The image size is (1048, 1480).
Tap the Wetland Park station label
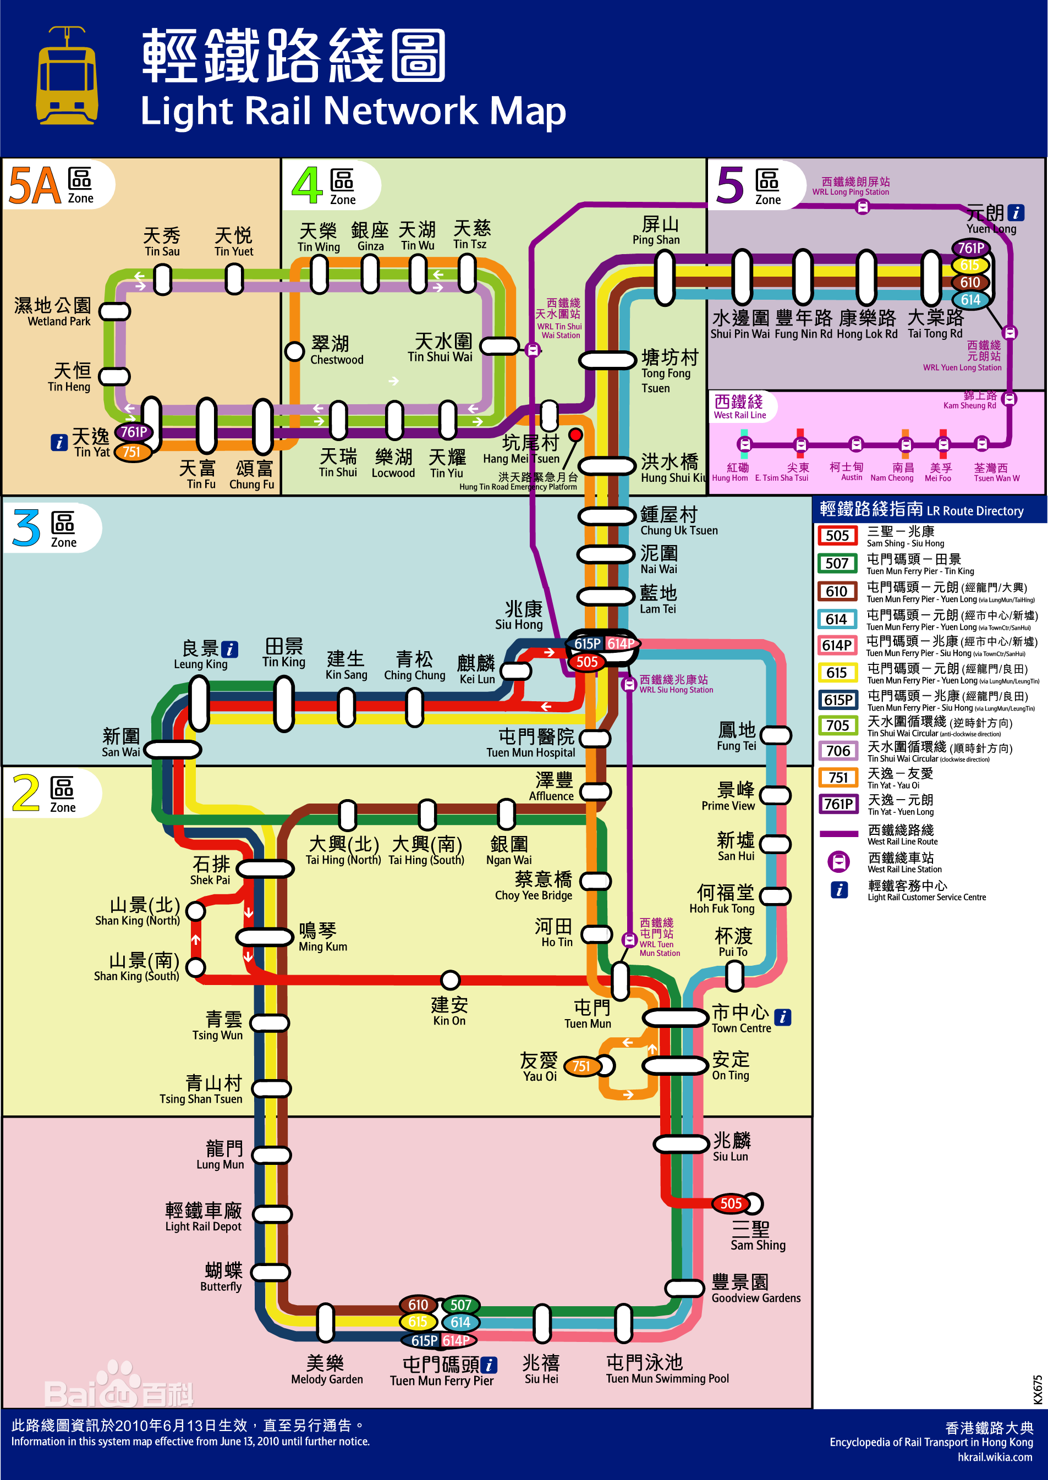[53, 312]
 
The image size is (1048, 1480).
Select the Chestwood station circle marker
[295, 351]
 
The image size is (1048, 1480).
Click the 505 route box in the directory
[837, 536]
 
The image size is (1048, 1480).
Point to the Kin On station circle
[450, 980]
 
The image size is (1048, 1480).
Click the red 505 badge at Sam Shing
[731, 1203]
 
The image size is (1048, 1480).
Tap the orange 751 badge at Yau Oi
[581, 1066]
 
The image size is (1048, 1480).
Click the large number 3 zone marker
[26, 529]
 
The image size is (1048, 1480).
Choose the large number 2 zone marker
[26, 793]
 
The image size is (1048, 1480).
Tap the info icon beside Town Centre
[782, 1017]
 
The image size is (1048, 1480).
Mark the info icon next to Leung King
[229, 649]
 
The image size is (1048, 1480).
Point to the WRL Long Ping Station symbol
[862, 207]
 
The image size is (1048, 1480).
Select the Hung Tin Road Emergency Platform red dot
[575, 435]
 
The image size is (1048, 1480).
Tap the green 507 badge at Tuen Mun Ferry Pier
[460, 1305]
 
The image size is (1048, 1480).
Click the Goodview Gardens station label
[756, 1289]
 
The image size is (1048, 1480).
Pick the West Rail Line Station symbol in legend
[838, 861]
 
